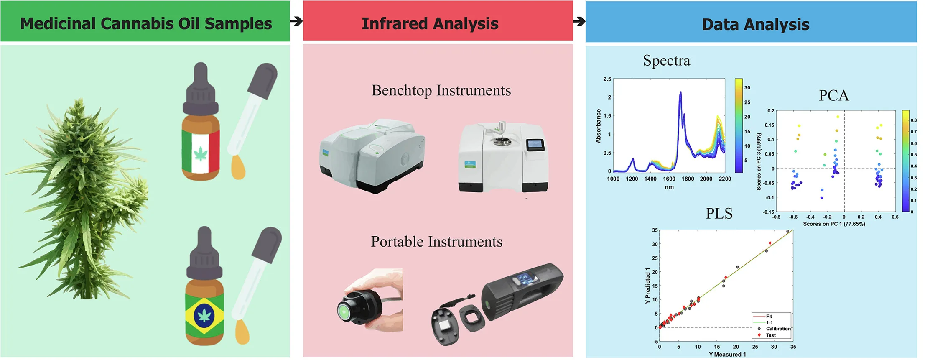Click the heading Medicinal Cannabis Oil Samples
click(x=146, y=23)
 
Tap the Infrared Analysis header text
click(x=430, y=23)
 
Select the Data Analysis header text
click(x=755, y=24)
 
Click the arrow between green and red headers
click(x=296, y=21)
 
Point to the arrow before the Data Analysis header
click(x=579, y=21)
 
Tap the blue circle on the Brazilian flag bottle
click(x=204, y=314)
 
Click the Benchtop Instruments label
click(x=441, y=90)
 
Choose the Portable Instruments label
click(x=436, y=242)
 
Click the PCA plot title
click(x=833, y=96)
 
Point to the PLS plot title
click(x=719, y=214)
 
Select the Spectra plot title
click(x=666, y=61)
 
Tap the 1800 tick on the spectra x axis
click(x=688, y=179)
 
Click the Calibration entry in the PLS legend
click(x=778, y=329)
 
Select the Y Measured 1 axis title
click(x=727, y=355)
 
